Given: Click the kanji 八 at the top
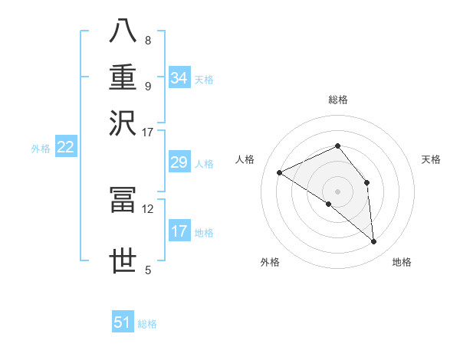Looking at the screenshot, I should (123, 32).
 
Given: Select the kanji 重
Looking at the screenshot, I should (123, 77).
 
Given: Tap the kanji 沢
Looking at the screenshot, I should (123, 123).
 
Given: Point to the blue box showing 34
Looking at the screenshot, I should (179, 78).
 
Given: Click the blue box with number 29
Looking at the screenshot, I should (179, 162).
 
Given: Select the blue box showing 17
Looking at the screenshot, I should (179, 231).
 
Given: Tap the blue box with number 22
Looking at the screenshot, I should (65, 147).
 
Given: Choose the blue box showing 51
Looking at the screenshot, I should (123, 322).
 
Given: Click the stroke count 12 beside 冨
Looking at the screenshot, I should (147, 208).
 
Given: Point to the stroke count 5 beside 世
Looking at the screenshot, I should (147, 270).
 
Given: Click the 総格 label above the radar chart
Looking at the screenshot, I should (337, 100).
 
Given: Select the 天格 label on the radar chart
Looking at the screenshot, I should (432, 159).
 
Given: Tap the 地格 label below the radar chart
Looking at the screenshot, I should (402, 262).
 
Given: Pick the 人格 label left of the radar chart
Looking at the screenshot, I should (245, 159).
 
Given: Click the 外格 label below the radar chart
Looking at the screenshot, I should (270, 262).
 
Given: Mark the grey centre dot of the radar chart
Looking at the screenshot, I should (337, 190).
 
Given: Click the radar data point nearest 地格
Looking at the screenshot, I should (374, 242).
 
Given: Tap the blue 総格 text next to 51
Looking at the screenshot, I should (147, 324).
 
